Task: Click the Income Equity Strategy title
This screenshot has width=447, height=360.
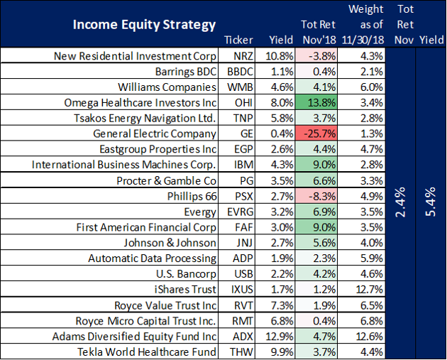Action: (x=144, y=25)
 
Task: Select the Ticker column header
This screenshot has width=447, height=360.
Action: (x=238, y=40)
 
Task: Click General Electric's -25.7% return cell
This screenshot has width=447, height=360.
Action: (x=316, y=133)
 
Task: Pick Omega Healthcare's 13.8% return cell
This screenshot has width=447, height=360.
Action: (x=316, y=102)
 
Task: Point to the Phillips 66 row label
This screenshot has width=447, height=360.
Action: (x=192, y=196)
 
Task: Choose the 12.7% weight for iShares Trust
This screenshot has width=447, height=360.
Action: (x=369, y=290)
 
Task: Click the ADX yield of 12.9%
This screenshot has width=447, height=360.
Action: (x=279, y=337)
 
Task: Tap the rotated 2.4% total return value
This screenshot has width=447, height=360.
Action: (x=401, y=202)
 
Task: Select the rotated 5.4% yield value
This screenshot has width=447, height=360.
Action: (x=431, y=202)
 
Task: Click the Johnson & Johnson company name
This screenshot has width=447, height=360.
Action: (x=170, y=243)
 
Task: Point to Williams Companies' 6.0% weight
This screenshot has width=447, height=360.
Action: (x=372, y=87)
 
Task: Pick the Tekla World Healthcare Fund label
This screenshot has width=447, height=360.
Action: (x=147, y=351)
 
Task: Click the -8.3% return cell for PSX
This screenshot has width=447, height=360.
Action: (x=316, y=196)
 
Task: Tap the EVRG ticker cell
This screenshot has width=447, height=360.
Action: (x=240, y=212)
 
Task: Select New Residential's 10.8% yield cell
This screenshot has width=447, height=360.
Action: (x=279, y=56)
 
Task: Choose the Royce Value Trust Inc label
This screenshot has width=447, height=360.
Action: (x=165, y=305)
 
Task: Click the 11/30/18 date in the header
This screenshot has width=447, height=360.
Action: (x=363, y=40)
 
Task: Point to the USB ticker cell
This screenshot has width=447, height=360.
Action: (x=243, y=274)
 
